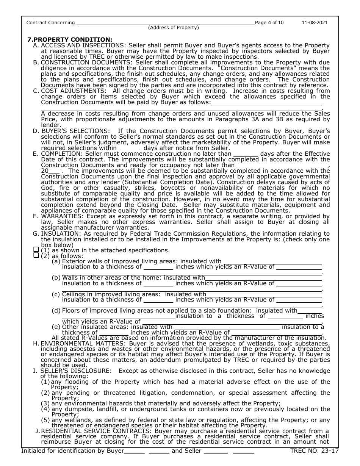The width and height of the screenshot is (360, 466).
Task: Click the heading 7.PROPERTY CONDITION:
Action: click(x=70, y=39)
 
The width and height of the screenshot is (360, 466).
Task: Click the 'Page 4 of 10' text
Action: click(x=269, y=23)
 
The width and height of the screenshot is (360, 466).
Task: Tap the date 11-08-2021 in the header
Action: click(x=315, y=23)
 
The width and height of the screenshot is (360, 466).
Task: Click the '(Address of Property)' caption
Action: click(x=173, y=28)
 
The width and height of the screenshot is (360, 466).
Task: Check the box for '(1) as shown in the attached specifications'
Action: click(x=36, y=250)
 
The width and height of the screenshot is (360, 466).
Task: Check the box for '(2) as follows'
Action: click(x=36, y=256)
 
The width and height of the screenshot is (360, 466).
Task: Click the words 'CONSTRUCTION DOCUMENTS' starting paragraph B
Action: click(x=86, y=62)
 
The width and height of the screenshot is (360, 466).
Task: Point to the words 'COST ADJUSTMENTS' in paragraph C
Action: click(x=70, y=91)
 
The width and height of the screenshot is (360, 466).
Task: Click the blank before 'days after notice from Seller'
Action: click(x=130, y=148)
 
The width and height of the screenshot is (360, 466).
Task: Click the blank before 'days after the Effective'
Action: click(x=246, y=153)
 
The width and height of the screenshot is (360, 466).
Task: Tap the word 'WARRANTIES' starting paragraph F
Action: click(x=61, y=216)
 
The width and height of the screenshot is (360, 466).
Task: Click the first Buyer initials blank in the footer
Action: click(x=135, y=451)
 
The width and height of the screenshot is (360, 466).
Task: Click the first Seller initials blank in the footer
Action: click(x=215, y=451)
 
